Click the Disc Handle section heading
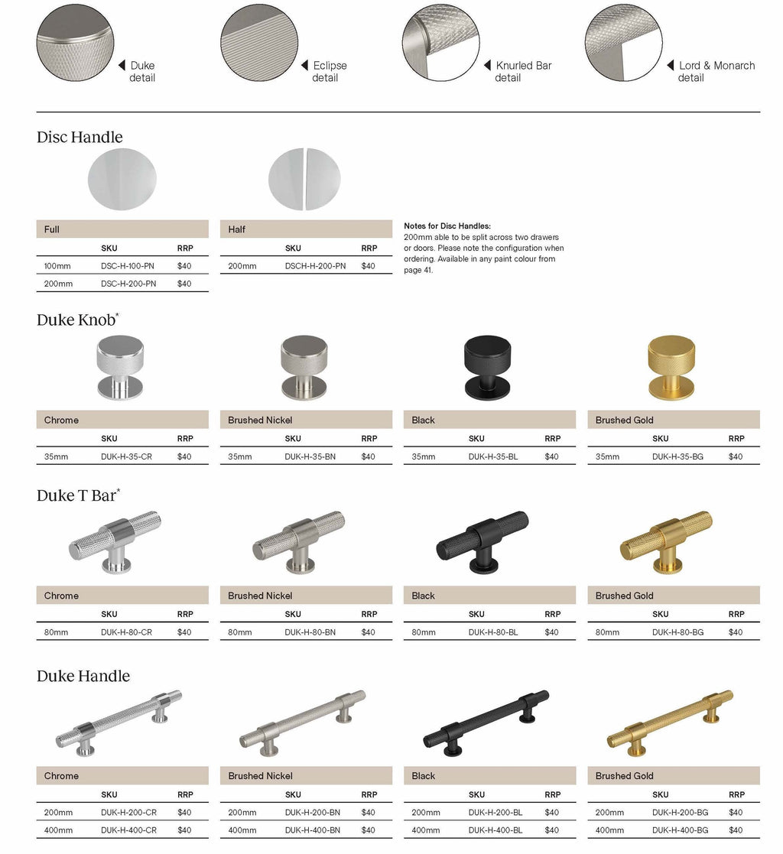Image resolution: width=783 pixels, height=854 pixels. (x=80, y=138)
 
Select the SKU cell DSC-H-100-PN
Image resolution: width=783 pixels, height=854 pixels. (x=128, y=266)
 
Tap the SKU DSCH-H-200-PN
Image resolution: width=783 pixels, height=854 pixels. (x=315, y=266)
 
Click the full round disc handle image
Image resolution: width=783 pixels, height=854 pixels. (x=122, y=179)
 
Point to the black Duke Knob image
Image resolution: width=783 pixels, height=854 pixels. (x=488, y=368)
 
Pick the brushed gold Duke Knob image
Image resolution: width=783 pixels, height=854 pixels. (x=672, y=368)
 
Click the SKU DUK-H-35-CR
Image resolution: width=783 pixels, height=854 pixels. (x=126, y=457)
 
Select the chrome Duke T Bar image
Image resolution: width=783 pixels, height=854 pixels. (x=115, y=542)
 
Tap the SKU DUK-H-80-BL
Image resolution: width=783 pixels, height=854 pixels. (x=493, y=632)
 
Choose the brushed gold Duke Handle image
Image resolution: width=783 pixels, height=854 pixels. (x=670, y=723)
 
